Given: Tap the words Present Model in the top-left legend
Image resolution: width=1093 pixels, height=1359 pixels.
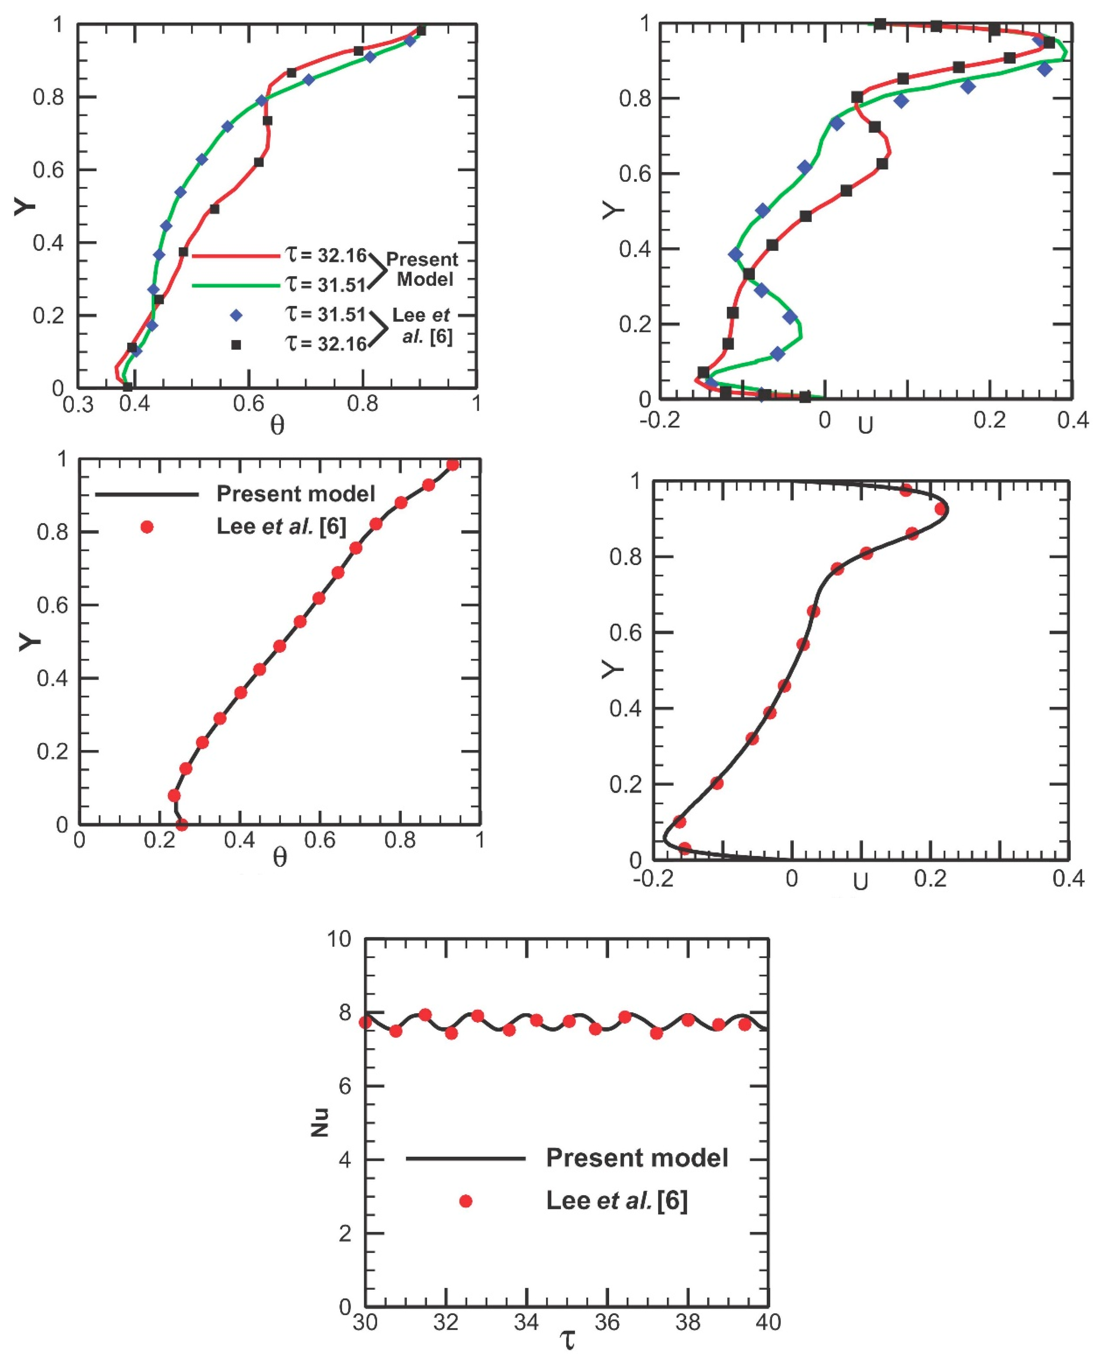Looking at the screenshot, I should [422, 269].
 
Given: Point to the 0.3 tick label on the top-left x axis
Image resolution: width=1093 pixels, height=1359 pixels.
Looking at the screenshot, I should [78, 405].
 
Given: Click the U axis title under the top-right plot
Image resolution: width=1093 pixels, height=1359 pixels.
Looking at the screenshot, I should [865, 427].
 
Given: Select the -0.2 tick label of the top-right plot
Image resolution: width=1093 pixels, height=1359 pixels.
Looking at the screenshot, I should [659, 420].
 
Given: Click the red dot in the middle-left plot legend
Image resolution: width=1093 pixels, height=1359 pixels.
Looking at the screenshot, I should [147, 527].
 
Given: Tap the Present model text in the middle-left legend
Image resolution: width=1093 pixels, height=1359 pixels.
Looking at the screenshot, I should [296, 493].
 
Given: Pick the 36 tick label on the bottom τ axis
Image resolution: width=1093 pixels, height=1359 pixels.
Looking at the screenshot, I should [607, 1322].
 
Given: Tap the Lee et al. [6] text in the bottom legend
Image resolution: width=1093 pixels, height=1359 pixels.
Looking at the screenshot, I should [616, 1201].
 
